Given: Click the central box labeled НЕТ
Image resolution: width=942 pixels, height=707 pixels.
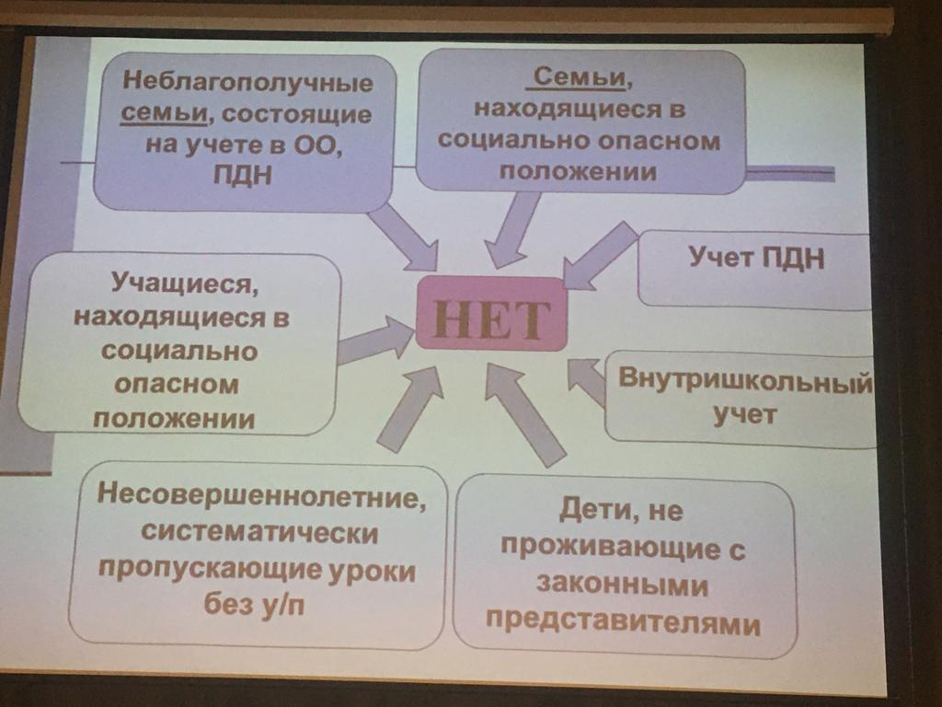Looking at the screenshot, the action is point(491,315).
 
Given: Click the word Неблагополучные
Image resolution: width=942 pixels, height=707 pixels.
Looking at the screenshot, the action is point(247,81).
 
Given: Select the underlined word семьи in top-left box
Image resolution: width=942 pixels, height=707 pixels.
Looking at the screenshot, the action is point(164,113).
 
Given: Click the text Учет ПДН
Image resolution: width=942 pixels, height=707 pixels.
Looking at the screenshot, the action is point(756,258).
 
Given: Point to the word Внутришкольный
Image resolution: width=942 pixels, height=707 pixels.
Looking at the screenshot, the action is point(745,379).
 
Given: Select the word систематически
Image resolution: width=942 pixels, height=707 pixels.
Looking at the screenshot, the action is point(259,532).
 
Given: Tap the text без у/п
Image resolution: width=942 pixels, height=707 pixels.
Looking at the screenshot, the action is point(254,603).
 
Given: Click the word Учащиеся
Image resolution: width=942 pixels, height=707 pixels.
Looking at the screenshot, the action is point(185,283).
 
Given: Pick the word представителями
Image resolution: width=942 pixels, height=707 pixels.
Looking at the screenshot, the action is point(623,623).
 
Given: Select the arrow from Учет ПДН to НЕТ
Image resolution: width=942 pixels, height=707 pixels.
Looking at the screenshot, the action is point(600,256).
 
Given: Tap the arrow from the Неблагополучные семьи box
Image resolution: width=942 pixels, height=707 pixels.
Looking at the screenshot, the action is point(404,237).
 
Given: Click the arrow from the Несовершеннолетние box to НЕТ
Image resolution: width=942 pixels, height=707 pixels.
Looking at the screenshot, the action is point(411,409).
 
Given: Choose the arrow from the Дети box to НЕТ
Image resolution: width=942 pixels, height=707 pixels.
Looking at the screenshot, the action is point(523,414).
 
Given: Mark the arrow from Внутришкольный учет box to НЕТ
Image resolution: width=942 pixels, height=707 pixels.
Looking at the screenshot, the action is point(587,381).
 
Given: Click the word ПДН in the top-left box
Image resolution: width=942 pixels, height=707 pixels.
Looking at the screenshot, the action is point(243,175).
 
